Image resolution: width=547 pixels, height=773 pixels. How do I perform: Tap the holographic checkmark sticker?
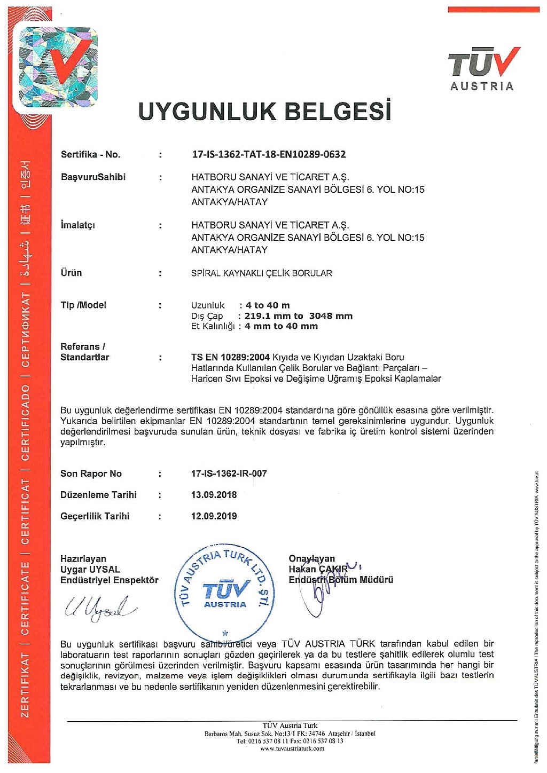pyautogui.click(x=59, y=66)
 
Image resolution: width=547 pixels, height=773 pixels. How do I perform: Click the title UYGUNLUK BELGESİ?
pyautogui.click(x=264, y=112)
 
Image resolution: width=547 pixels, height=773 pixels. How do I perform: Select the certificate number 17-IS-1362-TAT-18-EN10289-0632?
pyautogui.click(x=269, y=154)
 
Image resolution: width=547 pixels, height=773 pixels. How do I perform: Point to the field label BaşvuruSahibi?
pyautogui.click(x=93, y=177)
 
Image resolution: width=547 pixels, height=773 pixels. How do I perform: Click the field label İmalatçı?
pyautogui.click(x=77, y=225)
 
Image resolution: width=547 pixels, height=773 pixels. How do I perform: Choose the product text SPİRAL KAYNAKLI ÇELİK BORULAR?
pyautogui.click(x=262, y=273)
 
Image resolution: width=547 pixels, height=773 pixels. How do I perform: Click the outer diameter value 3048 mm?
pyautogui.click(x=331, y=316)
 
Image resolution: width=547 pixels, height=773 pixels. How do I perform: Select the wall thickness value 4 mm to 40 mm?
pyautogui.click(x=281, y=326)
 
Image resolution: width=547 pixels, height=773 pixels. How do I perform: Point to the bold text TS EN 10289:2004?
pyautogui.click(x=230, y=357)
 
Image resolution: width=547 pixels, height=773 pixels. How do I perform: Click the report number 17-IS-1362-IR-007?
pyautogui.click(x=229, y=474)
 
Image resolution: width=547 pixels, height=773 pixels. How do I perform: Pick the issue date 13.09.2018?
pyautogui.click(x=214, y=495)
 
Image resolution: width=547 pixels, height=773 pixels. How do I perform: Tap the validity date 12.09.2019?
pyautogui.click(x=214, y=516)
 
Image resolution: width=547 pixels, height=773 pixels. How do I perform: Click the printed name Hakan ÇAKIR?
pyautogui.click(x=318, y=569)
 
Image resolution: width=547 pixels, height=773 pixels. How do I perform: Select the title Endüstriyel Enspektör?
pyautogui.click(x=109, y=580)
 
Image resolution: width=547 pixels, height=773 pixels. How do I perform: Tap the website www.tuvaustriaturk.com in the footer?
pyautogui.click(x=292, y=748)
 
